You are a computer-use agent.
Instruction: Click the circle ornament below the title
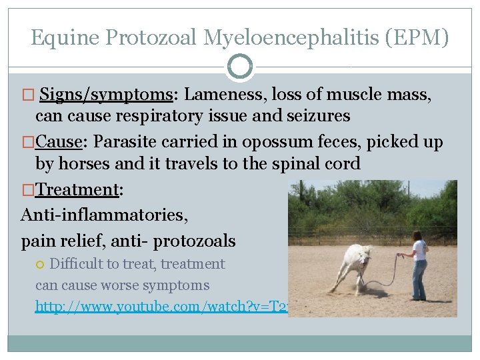tap(240, 67)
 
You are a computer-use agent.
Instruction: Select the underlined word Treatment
tap(77, 189)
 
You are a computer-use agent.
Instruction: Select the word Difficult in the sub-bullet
tap(75, 264)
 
